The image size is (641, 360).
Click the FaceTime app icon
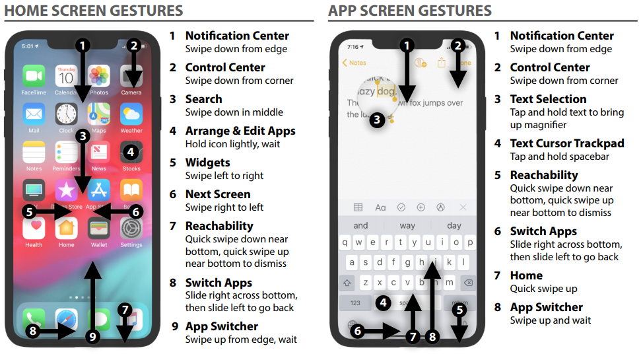point(34,77)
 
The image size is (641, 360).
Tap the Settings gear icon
point(131,229)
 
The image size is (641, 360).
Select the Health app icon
point(34,229)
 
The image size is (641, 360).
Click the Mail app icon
point(34,114)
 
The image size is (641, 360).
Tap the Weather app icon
point(131,114)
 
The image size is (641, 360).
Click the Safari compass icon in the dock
point(67,319)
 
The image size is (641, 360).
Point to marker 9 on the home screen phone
point(92,336)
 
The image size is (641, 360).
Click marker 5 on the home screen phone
point(29,211)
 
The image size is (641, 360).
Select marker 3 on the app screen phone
point(376,120)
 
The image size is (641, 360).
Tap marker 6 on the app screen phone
point(358,332)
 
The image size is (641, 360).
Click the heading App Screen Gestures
point(410,11)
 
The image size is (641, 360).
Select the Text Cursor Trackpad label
point(566,143)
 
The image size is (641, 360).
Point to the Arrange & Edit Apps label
point(240,131)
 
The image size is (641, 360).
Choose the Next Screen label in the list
point(218,194)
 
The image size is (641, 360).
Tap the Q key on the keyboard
point(345,242)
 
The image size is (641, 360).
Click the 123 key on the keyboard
point(355,303)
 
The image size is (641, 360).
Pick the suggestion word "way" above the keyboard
point(407,225)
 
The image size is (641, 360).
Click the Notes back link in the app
point(354,63)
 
